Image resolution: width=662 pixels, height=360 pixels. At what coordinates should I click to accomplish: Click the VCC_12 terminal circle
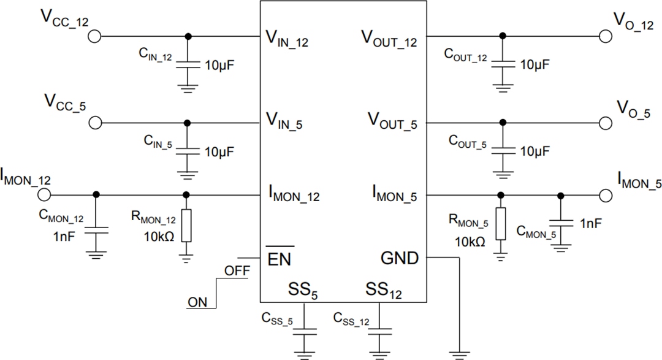point(94,36)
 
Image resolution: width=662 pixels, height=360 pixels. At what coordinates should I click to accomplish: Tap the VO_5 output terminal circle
point(606,123)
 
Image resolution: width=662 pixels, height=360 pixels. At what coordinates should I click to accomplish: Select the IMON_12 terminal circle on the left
point(44,195)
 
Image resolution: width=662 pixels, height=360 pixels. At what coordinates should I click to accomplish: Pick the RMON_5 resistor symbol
point(501,223)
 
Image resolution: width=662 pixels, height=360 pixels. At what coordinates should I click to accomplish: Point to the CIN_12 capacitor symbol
point(188,63)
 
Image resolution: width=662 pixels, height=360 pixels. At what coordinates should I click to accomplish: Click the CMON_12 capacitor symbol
point(95,231)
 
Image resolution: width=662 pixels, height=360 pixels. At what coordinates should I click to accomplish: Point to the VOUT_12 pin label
point(388,40)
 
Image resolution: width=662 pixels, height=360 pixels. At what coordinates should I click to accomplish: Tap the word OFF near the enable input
point(237,270)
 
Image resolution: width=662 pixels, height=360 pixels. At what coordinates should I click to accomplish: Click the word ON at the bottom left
point(197,302)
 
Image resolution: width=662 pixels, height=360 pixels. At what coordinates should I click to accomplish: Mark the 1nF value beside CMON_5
point(590,223)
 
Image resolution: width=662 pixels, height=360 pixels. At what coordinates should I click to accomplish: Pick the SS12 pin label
point(384,290)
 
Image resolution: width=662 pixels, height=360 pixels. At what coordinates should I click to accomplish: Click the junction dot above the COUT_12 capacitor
point(503,36)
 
